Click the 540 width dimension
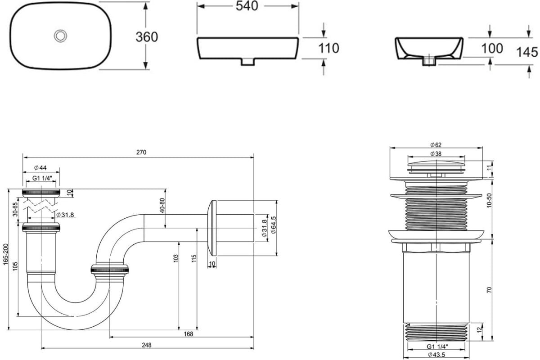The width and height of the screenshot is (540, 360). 247,6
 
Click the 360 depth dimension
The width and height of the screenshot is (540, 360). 147,37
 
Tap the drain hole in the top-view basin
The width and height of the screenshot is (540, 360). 60,36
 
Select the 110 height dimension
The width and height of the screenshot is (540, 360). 328,48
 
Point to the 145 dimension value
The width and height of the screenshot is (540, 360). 527,52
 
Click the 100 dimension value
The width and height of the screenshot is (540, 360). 492,48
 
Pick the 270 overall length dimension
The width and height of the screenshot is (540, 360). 141,153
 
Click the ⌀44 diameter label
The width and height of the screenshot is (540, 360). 40,167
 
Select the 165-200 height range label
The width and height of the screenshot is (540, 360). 5,254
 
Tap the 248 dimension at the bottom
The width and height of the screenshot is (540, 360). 147,345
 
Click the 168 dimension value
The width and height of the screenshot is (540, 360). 188,334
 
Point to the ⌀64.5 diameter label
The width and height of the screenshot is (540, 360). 274,225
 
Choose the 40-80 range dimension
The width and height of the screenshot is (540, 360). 162,206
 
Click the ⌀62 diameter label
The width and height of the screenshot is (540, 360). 436,145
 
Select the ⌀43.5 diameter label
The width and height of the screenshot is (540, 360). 436,355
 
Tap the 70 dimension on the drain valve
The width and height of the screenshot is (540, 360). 489,290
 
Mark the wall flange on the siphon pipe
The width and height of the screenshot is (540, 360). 211,228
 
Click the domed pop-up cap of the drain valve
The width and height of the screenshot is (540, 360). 436,163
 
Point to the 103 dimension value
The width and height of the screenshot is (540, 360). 176,258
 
